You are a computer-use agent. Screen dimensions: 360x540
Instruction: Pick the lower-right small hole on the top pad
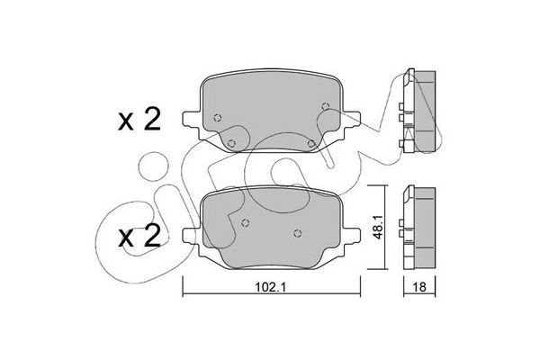pyautogui.click(x=310, y=143)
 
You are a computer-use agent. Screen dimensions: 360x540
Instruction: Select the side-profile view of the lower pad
pyautogui.click(x=420, y=229)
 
